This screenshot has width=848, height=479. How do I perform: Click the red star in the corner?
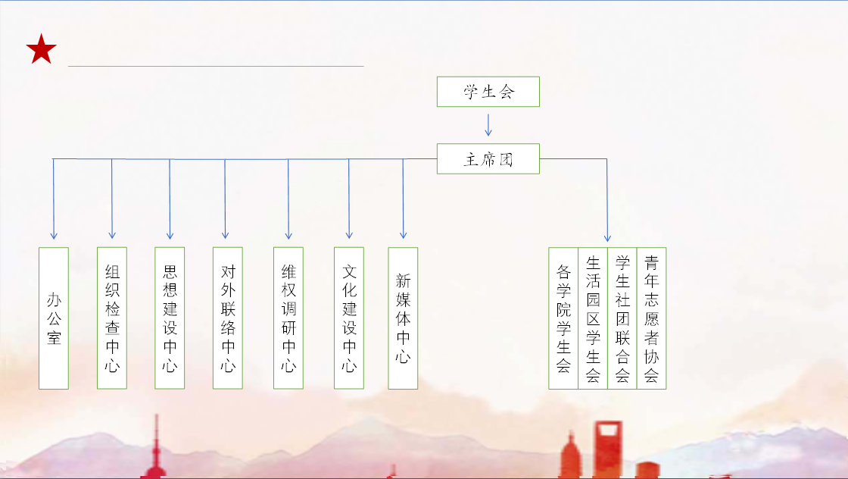coord(41,49)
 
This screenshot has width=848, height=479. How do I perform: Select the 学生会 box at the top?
coord(488,92)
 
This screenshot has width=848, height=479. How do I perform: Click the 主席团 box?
coord(488,158)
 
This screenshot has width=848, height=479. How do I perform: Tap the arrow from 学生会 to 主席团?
coord(488,125)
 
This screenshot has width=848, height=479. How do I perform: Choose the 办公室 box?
coord(54,318)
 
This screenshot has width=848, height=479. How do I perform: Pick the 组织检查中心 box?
coord(112,318)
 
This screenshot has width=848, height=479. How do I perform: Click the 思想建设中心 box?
coord(170,318)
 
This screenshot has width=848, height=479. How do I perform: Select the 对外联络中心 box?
coord(228,318)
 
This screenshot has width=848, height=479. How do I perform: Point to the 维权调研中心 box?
coord(288,318)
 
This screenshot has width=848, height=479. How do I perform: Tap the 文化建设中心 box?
coord(349,318)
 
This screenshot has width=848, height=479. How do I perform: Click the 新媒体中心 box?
coord(403,318)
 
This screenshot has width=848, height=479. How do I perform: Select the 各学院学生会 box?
coord(563,318)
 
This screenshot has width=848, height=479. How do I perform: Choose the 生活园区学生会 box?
coord(593,318)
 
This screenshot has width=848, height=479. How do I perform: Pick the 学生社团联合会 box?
coord(622,318)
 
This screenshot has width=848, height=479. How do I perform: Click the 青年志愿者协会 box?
coord(652,318)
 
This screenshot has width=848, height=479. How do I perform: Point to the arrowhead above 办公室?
coord(54,236)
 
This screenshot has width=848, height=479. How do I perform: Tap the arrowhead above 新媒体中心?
coord(403,236)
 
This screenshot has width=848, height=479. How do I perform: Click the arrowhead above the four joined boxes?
coord(607,238)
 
